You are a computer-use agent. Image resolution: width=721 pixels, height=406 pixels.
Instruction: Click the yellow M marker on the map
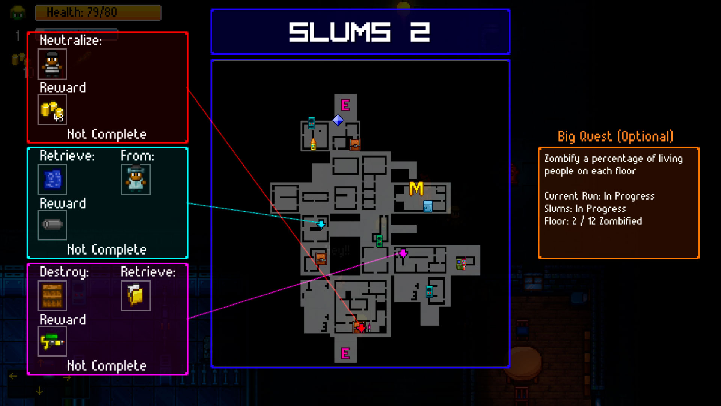point(416,189)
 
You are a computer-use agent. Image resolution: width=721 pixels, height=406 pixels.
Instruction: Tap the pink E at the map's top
point(345,105)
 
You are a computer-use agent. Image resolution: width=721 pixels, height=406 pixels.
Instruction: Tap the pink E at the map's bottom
point(345,353)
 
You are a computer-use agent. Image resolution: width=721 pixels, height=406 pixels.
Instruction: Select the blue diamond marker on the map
point(338,120)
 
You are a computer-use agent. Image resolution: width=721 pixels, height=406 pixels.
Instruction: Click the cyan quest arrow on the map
point(321,224)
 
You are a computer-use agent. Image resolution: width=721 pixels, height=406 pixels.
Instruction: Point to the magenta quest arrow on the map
point(403,253)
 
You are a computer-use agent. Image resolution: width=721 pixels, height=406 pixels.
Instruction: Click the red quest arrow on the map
point(361,328)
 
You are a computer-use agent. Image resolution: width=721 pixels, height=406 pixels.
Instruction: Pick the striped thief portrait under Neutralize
point(52,64)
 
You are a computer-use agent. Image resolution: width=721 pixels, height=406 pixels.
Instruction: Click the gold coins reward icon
point(52,110)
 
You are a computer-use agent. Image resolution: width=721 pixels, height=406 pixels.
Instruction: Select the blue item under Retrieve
point(52,179)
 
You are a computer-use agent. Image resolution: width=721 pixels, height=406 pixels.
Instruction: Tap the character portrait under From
point(136,179)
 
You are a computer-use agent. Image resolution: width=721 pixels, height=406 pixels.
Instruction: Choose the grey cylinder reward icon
point(52,225)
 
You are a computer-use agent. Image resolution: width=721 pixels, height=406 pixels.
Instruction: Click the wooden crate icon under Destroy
point(52,296)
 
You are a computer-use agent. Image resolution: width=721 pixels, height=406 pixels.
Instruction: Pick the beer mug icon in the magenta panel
point(136,296)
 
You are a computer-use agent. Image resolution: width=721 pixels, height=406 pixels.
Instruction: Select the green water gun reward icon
point(52,341)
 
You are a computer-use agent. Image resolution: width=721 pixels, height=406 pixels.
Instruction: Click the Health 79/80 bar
point(98,12)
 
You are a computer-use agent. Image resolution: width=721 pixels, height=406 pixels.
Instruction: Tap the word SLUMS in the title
point(340,32)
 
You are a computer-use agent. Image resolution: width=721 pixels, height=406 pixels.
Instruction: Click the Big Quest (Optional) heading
point(615,136)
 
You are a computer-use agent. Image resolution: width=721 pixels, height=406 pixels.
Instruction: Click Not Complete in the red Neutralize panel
point(107,134)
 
